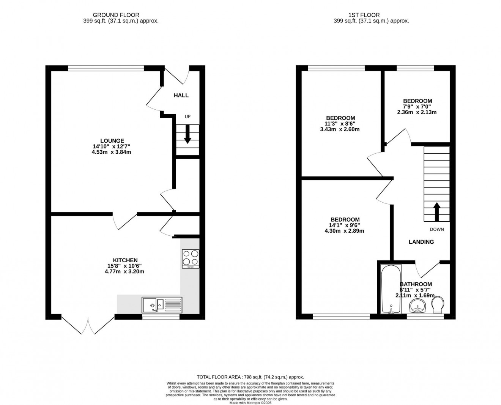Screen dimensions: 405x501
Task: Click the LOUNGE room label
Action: click(x=112, y=141)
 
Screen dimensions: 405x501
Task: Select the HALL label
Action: click(x=181, y=95)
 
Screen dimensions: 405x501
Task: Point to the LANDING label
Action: click(x=421, y=242)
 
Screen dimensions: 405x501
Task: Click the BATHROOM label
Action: click(x=416, y=284)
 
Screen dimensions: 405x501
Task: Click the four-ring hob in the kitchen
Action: click(x=191, y=258)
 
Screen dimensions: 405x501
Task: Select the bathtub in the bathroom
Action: click(x=391, y=289)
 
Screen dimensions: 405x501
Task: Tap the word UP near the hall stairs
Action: click(x=187, y=117)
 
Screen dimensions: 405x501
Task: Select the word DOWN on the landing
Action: click(x=436, y=229)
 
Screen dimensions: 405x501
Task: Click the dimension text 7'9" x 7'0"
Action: click(x=417, y=107)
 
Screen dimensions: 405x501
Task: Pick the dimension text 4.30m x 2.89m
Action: click(x=345, y=231)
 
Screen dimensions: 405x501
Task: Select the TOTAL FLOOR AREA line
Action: click(x=250, y=377)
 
